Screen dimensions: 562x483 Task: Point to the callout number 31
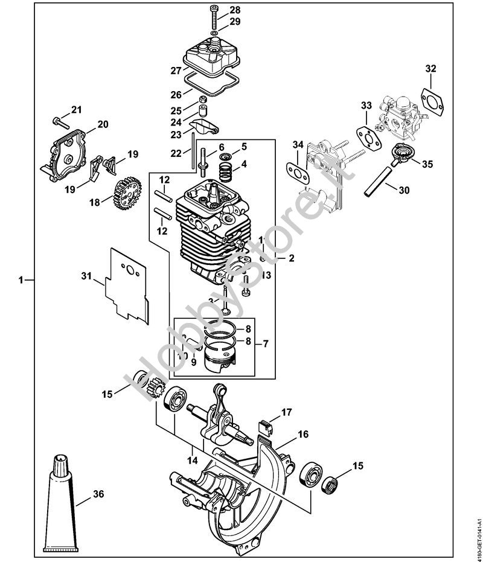[x=86, y=276]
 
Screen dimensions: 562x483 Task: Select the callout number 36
[x=98, y=494]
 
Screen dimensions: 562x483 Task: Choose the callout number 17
[x=286, y=412]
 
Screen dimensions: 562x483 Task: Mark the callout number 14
[x=193, y=460]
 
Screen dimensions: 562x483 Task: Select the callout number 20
[x=102, y=124]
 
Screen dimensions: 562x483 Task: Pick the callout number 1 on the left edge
[x=22, y=280]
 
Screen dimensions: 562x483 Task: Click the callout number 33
[x=366, y=106]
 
